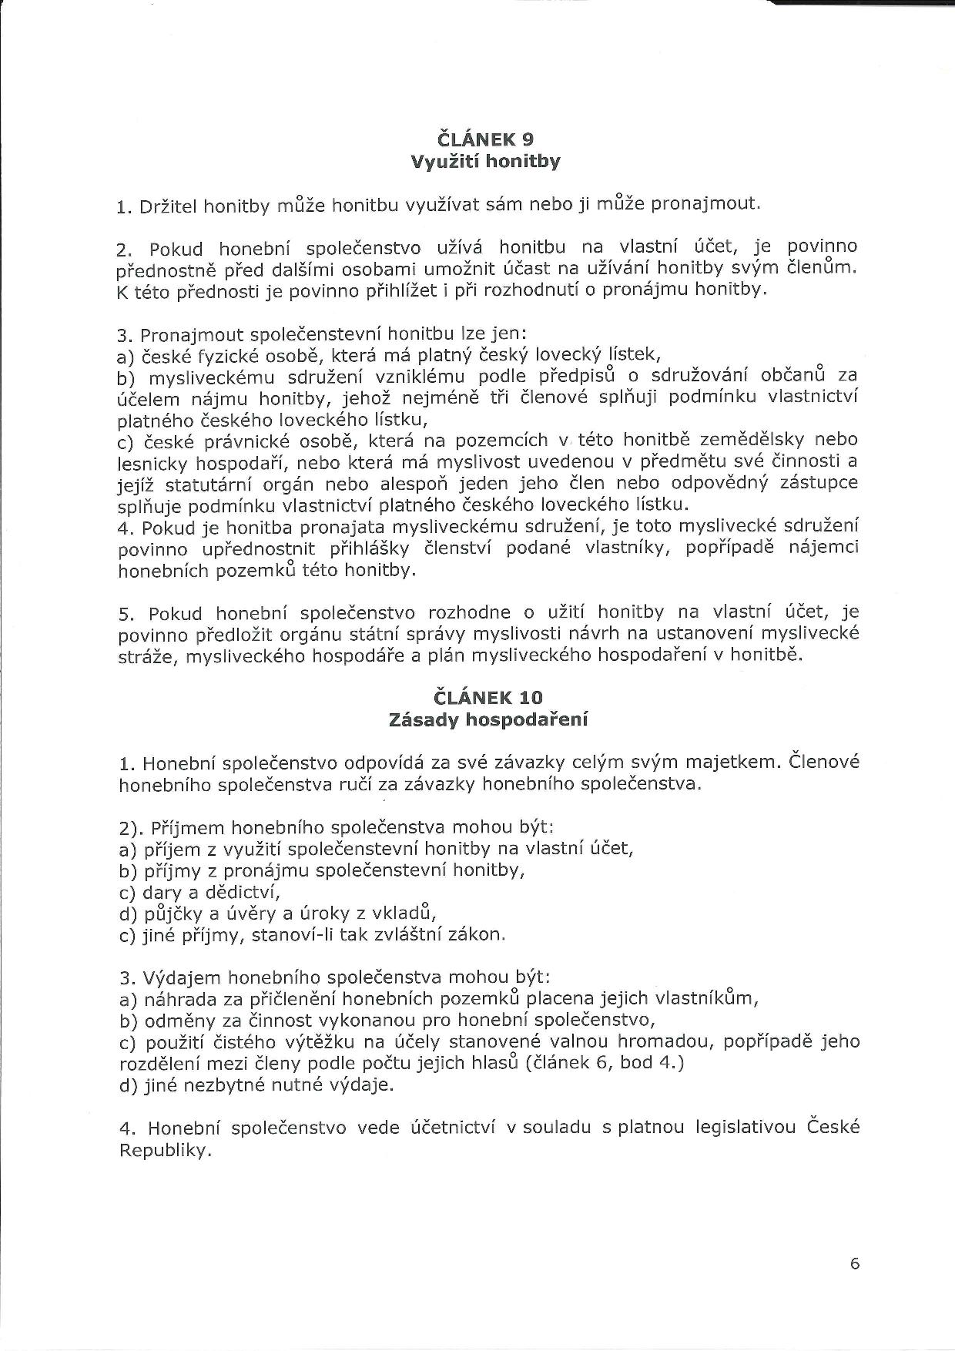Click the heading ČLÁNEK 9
click(484, 139)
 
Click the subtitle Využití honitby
click(485, 162)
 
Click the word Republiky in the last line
click(164, 1151)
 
